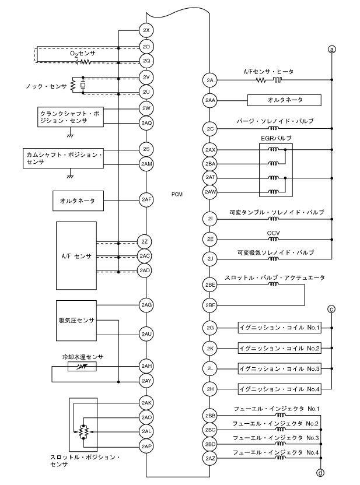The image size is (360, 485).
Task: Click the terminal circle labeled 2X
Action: pos(146,30)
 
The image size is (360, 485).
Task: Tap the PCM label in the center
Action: pos(178,195)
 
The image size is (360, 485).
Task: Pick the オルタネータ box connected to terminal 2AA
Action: pos(284,100)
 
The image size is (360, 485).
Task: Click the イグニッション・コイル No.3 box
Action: pos(279,368)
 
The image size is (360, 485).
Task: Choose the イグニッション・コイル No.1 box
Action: pos(279,329)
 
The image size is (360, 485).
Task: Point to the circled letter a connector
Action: pos(332,50)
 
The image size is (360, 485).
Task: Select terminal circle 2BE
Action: pos(210,285)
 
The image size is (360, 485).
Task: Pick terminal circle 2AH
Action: pos(146,366)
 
